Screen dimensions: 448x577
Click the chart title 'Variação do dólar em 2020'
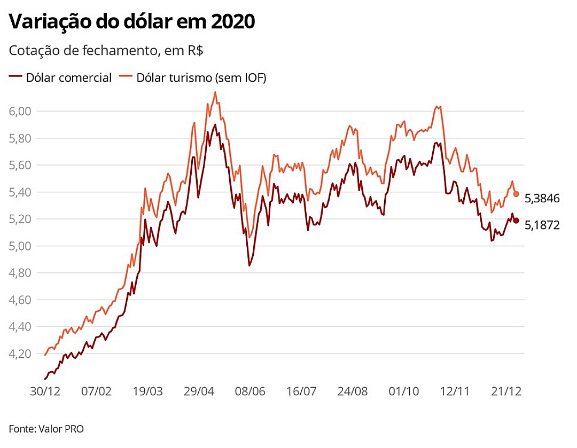click(132, 22)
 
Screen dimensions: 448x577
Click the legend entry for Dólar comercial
click(61, 78)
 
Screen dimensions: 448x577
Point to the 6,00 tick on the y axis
click(20, 111)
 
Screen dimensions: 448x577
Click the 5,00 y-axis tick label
click(20, 246)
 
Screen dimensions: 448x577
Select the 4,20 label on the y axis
click(20, 354)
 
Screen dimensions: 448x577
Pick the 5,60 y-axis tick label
click(20, 165)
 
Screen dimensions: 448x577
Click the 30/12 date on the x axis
click(45, 391)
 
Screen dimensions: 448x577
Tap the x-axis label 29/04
click(199, 391)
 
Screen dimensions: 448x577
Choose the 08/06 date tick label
click(250, 391)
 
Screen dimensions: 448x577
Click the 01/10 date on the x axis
click(404, 391)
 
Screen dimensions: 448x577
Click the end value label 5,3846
click(542, 199)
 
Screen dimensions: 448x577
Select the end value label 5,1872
click(542, 225)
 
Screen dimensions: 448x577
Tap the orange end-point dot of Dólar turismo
click(516, 194)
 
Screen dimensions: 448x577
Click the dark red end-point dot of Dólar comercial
click(516, 221)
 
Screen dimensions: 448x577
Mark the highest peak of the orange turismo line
click(215, 92)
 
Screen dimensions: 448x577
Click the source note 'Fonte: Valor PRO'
click(46, 429)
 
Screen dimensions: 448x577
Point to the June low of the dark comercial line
click(249, 265)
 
